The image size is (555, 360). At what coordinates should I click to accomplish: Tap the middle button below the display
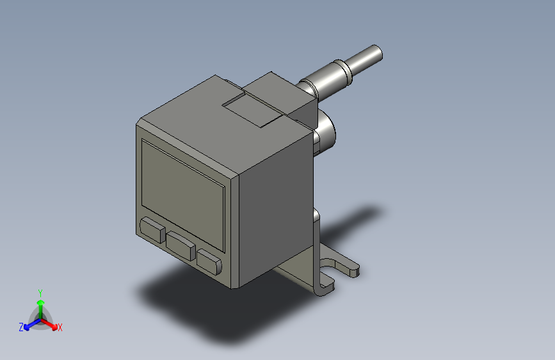181,245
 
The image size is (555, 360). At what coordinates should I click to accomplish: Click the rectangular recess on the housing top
253,108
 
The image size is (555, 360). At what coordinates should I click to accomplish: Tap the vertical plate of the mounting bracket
316,250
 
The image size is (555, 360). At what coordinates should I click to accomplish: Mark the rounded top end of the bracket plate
316,213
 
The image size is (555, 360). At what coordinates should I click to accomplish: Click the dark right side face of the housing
275,211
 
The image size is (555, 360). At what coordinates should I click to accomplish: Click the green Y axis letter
40,291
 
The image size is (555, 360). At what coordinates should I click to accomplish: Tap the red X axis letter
60,328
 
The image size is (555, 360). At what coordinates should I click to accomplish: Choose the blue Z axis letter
21,327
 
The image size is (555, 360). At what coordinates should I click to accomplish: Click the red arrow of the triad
51,324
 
